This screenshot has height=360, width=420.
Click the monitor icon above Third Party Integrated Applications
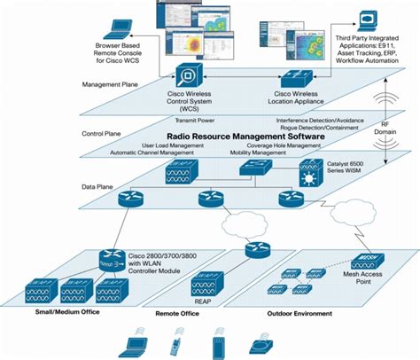(x=368, y=21)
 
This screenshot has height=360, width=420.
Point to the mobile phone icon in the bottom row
(x=175, y=343)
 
